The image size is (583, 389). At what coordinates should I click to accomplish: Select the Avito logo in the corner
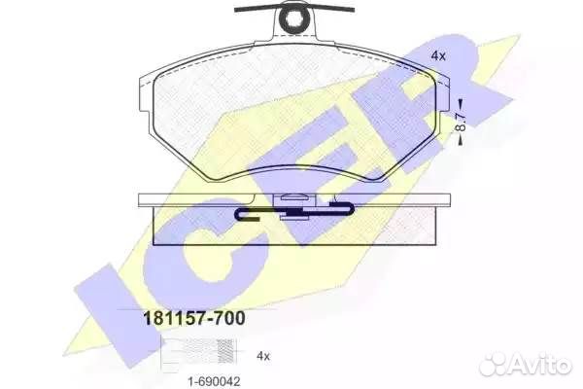pos(532,366)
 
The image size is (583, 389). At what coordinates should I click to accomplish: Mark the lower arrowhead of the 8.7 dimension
pos(461,142)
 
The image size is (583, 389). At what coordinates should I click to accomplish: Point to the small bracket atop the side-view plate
pos(291,200)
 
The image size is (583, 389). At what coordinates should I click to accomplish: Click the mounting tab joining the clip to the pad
pos(291,35)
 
